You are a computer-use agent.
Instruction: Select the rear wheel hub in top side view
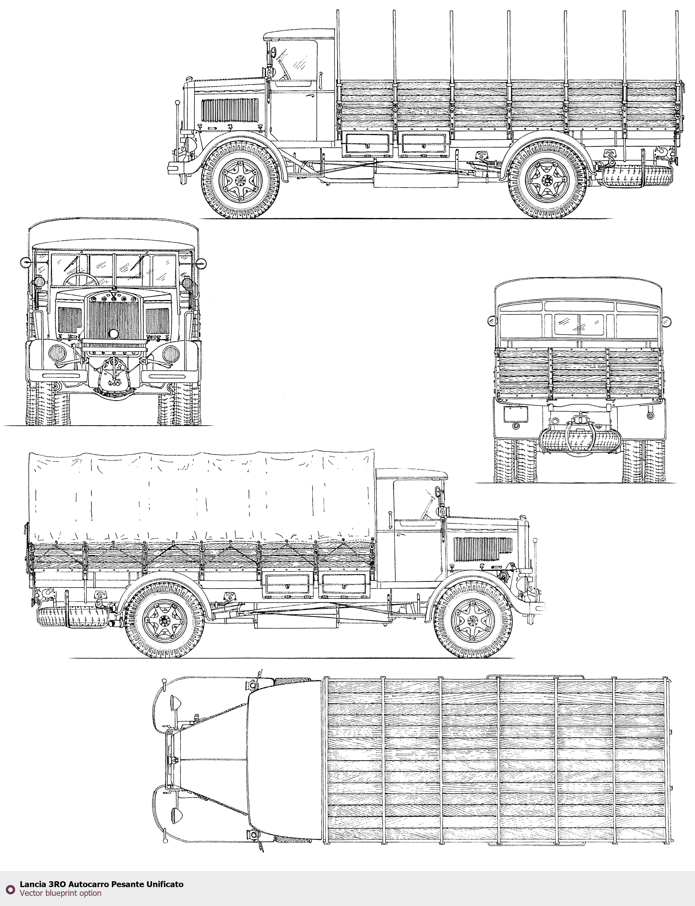coord(547,180)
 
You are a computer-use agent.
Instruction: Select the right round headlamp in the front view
coord(171,353)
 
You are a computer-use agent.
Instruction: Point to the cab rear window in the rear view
coord(579,325)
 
